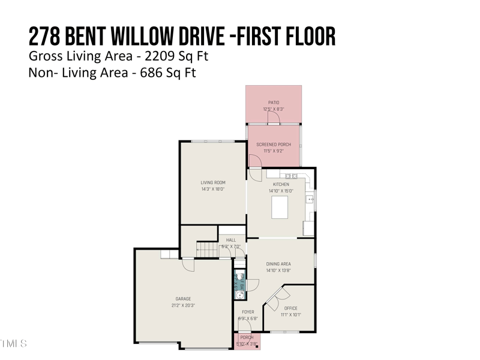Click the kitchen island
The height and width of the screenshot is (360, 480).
280,208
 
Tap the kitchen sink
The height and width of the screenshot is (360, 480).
310,200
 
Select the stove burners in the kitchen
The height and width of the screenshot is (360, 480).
292,176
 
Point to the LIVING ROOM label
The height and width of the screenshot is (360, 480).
212,182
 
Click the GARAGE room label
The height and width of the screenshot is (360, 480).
183,299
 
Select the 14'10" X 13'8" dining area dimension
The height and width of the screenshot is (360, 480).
278,271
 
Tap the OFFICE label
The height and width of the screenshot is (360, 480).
290,308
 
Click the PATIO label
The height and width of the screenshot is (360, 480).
273,103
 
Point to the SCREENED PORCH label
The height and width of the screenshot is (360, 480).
273,145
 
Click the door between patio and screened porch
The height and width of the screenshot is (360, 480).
274,122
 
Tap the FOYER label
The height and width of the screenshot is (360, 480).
248,312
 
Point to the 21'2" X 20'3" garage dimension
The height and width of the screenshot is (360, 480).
183,305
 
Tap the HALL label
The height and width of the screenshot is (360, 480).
230,240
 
